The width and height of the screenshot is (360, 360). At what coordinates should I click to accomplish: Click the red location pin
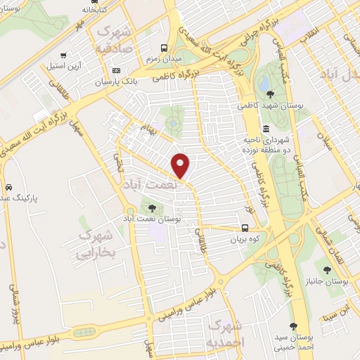point(181,165)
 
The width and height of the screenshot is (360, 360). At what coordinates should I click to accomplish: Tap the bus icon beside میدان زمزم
point(164,49)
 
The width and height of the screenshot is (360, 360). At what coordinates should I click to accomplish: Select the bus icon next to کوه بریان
point(245,228)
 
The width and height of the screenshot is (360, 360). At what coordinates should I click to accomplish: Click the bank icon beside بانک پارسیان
point(117,71)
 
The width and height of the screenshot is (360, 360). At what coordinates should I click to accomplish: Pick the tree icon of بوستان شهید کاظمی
point(271,96)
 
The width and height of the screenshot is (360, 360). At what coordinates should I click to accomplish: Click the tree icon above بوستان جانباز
point(326,268)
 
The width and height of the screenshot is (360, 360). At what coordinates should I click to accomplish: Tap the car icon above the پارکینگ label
point(8,188)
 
